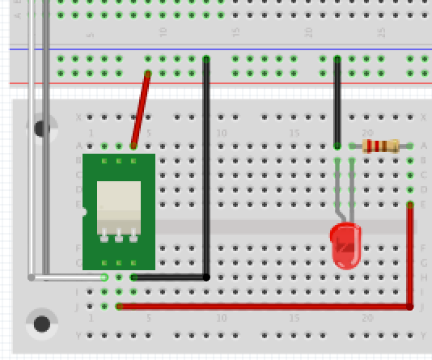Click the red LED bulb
pyautogui.click(x=347, y=246)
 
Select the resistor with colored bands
pyautogui.click(x=381, y=146)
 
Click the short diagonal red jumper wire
pyautogui.click(x=141, y=109)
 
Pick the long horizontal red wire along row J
pyautogui.click(x=259, y=307)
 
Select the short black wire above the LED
pyautogui.click(x=337, y=101)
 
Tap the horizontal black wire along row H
pyautogui.click(x=170, y=277)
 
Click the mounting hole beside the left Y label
pyautogui.click(x=41, y=324)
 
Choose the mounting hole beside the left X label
pyautogui.click(x=41, y=128)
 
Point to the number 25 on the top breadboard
pyautogui.click(x=381, y=32)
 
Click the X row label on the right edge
pyautogui.click(x=423, y=117)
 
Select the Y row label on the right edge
pyautogui.click(x=423, y=335)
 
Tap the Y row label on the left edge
pyautogui.click(x=78, y=335)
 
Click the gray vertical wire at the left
pyautogui.click(x=46, y=138)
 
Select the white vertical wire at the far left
pyautogui.click(x=32, y=138)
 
